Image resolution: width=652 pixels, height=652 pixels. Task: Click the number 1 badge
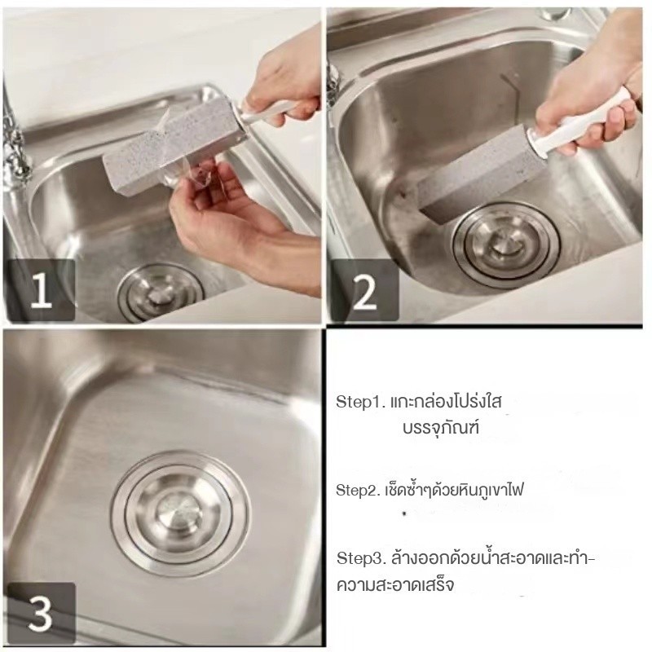point(40,290)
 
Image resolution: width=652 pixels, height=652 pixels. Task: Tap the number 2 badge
point(364,290)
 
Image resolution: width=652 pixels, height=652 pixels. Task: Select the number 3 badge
point(40,613)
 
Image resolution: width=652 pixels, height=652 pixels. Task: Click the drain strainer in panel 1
point(161,293)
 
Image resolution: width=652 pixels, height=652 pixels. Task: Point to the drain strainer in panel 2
point(506,245)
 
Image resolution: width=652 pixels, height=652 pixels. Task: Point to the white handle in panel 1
point(267,112)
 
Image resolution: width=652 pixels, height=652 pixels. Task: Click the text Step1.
point(361,402)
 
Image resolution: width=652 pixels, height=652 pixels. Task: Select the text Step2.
point(358,491)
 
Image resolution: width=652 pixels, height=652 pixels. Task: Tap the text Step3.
point(361,558)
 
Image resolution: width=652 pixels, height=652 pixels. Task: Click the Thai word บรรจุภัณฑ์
point(441,428)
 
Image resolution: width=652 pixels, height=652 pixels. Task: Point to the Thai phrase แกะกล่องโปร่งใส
point(446,402)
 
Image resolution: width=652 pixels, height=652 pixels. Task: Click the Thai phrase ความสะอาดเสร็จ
point(395,584)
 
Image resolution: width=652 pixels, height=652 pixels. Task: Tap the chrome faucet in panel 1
point(15,137)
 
